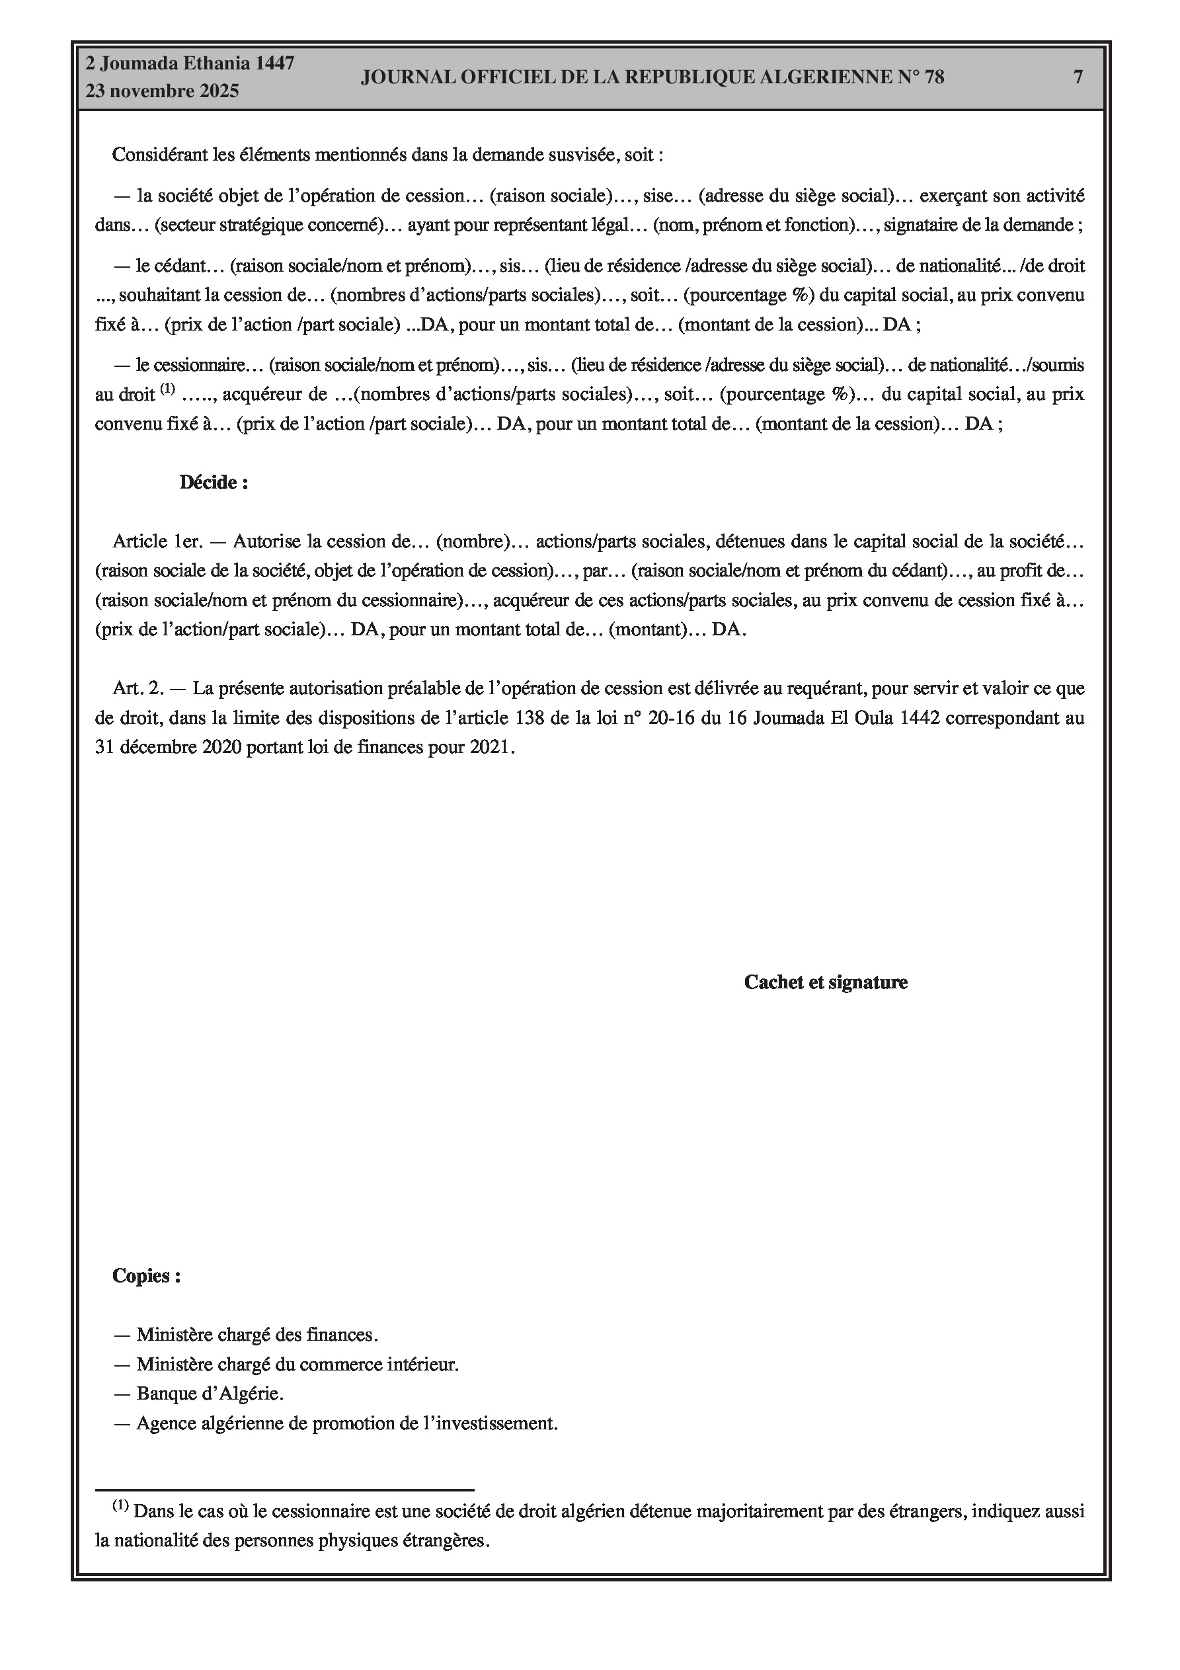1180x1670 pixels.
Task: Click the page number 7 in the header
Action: click(1078, 77)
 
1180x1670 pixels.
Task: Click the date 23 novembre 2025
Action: click(162, 91)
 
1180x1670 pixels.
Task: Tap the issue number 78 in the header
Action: click(934, 77)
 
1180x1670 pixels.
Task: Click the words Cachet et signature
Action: click(826, 982)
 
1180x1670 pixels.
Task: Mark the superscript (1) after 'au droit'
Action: click(167, 389)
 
